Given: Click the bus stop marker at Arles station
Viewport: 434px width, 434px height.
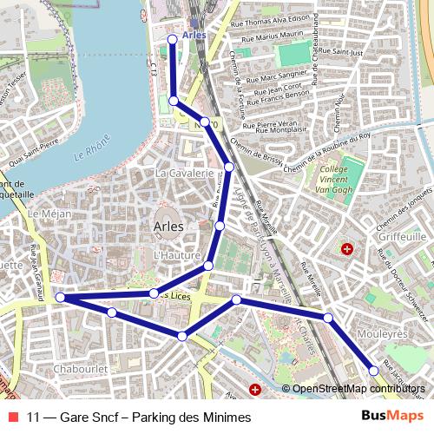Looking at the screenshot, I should pos(170,39).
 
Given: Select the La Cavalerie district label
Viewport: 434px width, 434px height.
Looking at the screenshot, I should pos(184,174).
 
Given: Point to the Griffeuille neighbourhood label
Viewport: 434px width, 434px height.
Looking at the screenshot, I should pos(404,235).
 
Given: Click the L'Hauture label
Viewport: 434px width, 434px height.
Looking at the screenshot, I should pos(171,256).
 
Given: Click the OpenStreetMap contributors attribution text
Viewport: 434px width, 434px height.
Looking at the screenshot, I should pos(359,389).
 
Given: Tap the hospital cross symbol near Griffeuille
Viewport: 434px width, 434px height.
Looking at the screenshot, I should pos(347,249).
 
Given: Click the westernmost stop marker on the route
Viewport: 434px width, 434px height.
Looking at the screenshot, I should pos(61,298).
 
